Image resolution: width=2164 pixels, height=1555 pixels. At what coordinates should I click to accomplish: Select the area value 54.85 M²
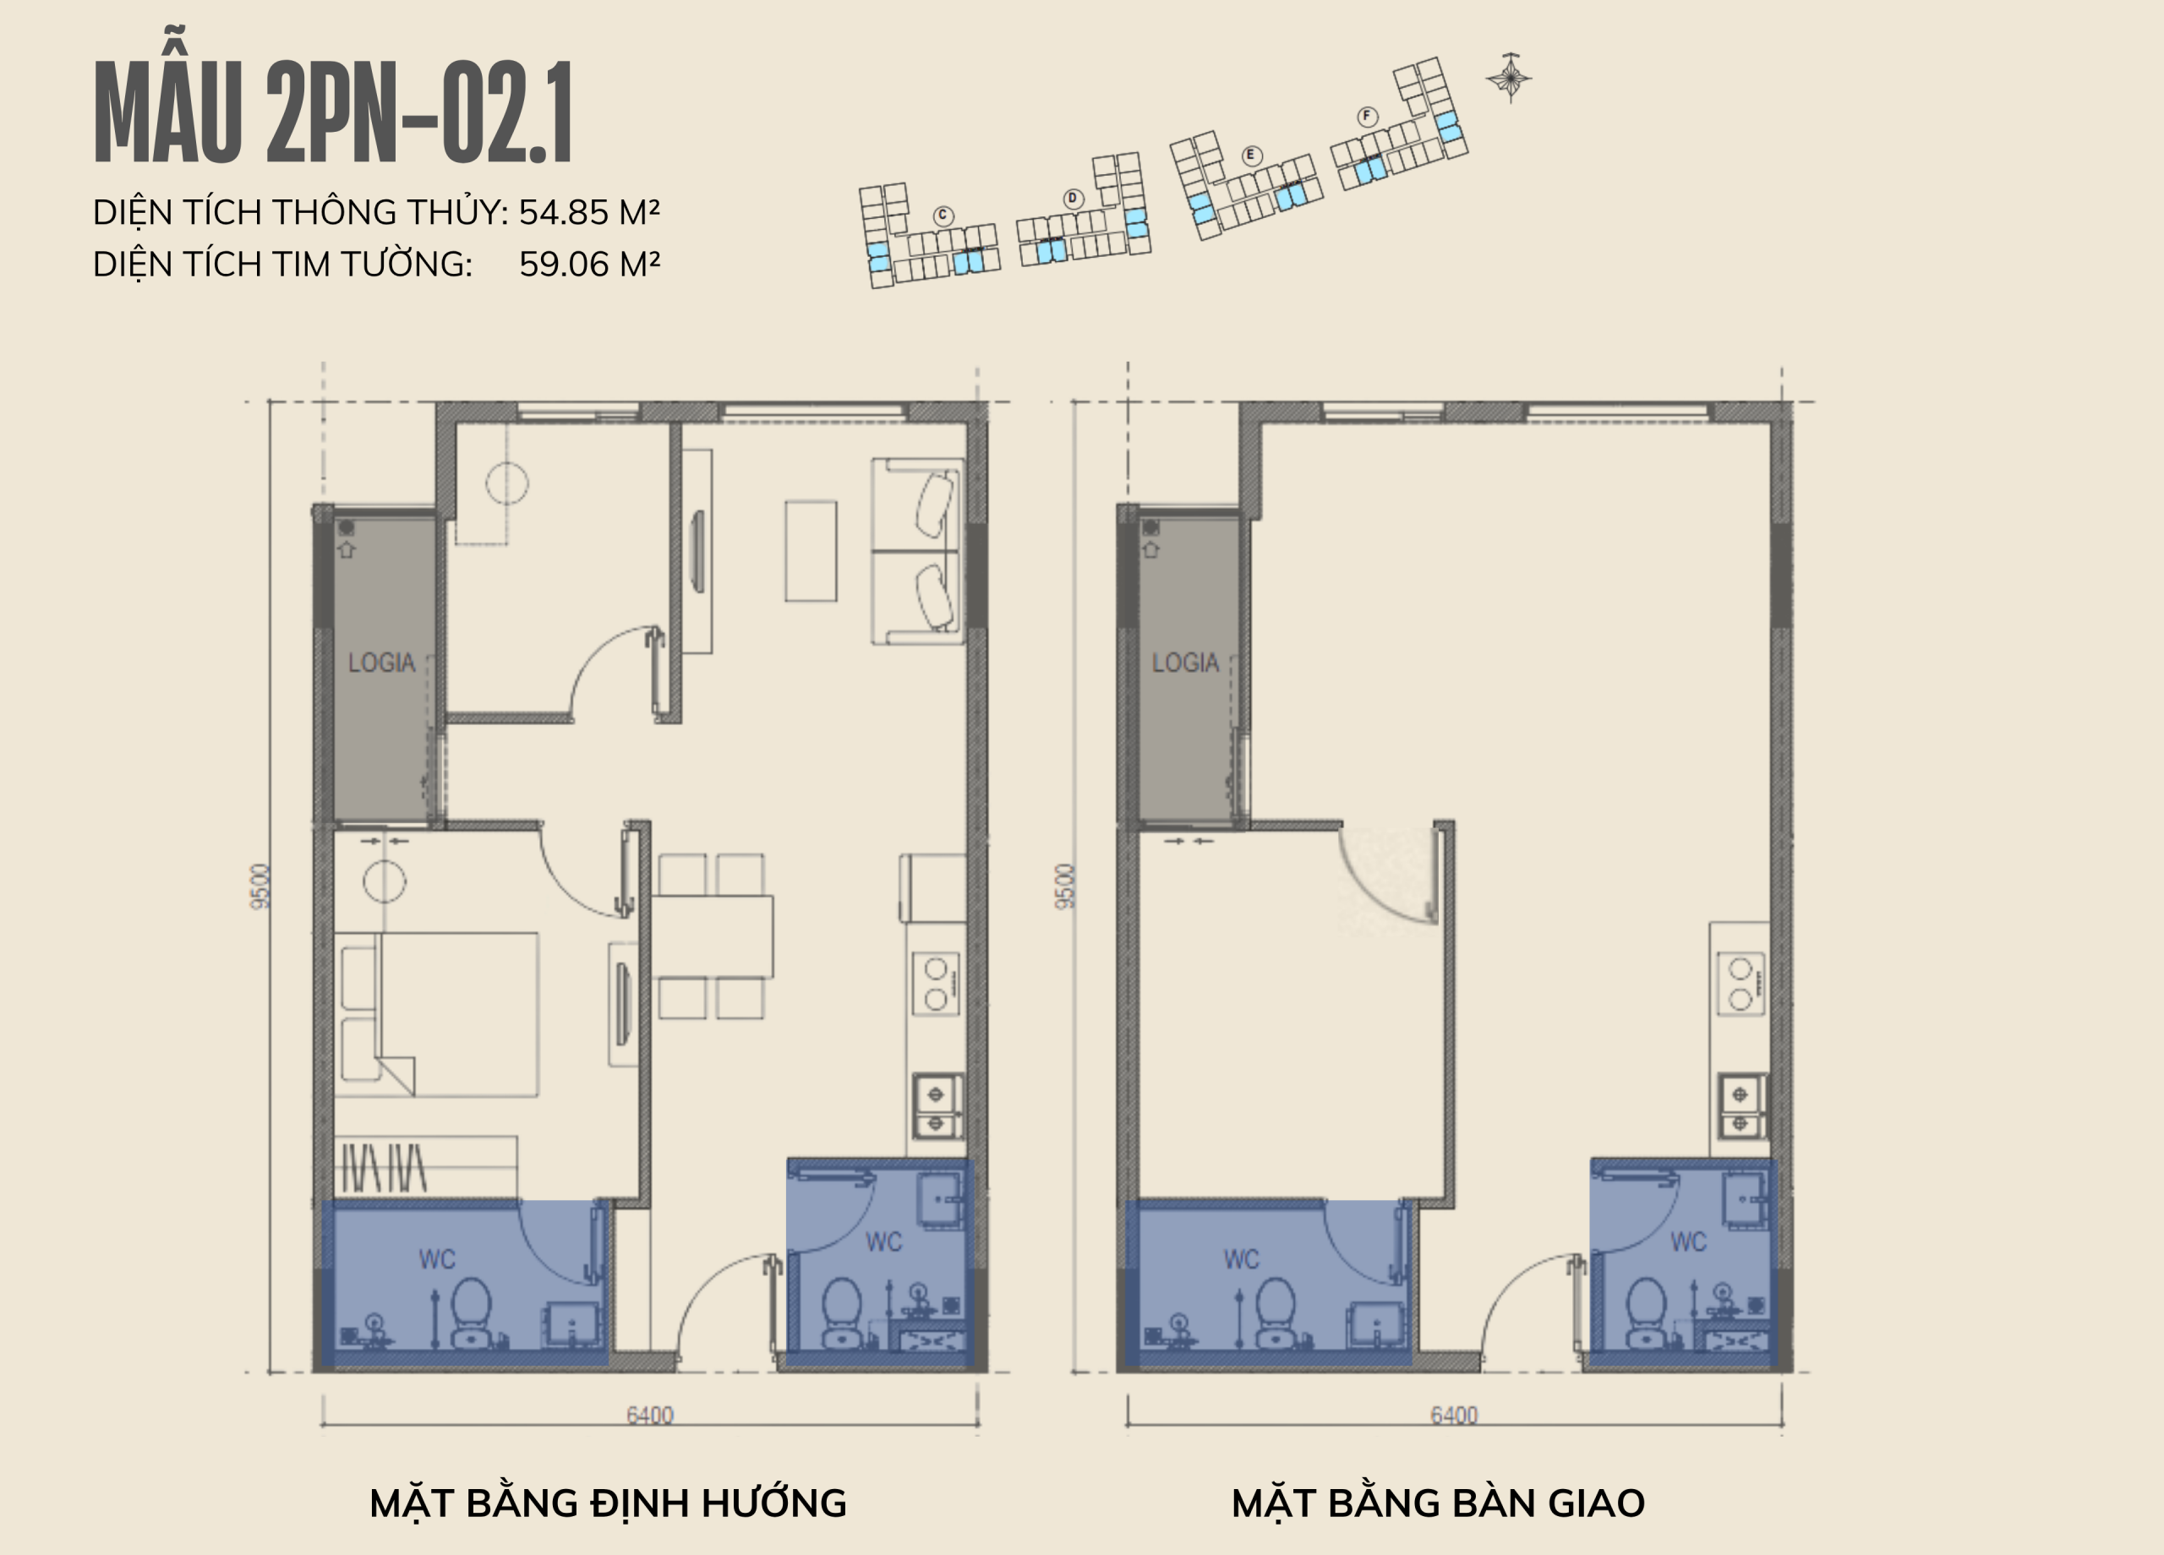[588, 212]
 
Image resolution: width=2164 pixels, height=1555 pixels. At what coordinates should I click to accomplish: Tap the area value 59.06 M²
[588, 264]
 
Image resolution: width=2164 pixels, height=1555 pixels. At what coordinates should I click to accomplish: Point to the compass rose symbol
[1509, 77]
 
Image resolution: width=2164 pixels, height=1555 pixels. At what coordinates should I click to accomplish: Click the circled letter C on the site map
[943, 216]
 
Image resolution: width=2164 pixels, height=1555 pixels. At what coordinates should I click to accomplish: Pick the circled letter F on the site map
[1367, 117]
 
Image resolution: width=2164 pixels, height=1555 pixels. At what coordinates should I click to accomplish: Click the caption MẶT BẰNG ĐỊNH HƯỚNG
[608, 1503]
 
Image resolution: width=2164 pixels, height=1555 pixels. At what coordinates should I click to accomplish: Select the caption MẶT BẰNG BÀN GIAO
[1438, 1503]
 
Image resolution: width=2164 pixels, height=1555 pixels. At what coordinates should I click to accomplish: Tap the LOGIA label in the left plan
[381, 662]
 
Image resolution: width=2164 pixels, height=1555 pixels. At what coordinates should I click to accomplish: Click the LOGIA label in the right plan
[1185, 662]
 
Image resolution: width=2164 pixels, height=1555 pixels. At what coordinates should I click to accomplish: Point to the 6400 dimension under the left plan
[650, 1415]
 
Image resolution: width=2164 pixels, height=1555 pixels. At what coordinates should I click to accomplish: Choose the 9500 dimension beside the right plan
[1066, 887]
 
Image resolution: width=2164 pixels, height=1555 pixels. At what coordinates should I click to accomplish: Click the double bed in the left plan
[440, 1014]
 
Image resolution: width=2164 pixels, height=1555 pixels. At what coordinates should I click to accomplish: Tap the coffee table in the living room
[811, 551]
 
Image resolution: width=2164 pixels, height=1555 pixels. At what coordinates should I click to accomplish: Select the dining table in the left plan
[712, 937]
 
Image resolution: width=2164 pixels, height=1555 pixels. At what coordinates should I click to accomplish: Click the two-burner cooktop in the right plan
[1740, 984]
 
